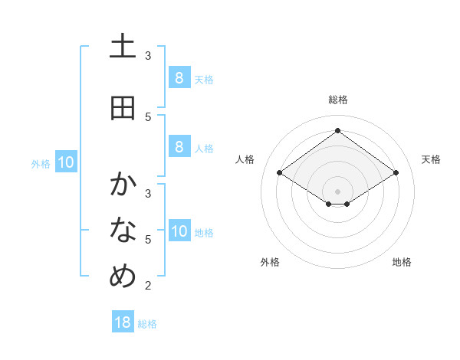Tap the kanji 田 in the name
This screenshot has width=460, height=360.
point(123,108)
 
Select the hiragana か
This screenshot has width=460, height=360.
point(123,184)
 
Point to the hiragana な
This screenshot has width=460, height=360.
point(123,229)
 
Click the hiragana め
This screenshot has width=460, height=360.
point(123,276)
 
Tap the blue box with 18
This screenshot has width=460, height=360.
point(123,322)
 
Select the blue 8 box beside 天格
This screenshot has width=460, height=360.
point(179,77)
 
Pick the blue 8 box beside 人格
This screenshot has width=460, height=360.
point(179,147)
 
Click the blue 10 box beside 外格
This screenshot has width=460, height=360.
point(66,162)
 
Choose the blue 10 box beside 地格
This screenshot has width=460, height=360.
point(179,232)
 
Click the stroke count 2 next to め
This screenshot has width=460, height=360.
point(148,286)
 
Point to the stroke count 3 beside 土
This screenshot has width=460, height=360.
point(148,55)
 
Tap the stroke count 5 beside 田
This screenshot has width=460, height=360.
point(148,116)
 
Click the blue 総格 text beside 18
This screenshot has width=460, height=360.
point(147,324)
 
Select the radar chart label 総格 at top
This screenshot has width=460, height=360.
point(337,100)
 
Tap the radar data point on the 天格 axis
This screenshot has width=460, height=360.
point(396,173)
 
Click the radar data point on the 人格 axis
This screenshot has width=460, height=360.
point(280,173)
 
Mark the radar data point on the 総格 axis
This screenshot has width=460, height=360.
point(337,131)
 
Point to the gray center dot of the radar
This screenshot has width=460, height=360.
point(337,191)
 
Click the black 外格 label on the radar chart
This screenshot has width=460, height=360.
point(270,262)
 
